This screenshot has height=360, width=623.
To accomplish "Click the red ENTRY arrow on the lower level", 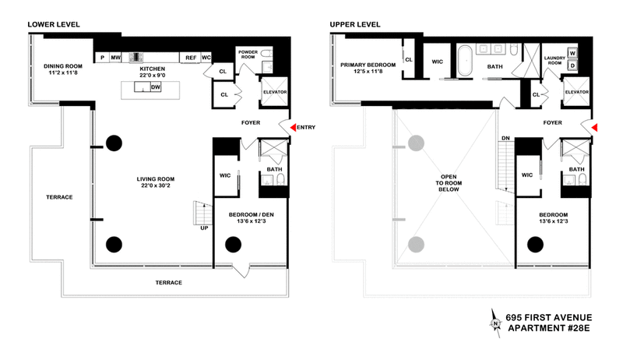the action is coord(293,127).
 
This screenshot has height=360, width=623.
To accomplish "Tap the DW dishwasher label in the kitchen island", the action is coord(156,87).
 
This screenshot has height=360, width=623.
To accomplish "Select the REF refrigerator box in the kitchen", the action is coord(191,58).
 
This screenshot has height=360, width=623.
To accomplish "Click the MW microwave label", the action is coord(115,58).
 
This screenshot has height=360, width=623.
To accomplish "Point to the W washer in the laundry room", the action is coord(572,53).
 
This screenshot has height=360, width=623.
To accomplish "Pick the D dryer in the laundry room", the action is coord(572,65).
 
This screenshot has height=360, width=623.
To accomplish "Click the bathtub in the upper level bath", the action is coord(465,61).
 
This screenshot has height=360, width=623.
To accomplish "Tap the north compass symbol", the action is coord(495,323).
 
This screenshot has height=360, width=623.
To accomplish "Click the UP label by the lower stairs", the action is coord(204,228).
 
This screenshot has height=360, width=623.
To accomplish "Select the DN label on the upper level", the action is coord(505,138).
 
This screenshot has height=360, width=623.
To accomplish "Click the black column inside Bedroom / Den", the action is coord(233,245).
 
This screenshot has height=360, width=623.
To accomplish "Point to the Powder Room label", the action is coord(248,55).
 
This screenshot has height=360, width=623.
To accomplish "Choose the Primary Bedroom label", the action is coord(368,65).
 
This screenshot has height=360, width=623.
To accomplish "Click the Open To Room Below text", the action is coord(449,183).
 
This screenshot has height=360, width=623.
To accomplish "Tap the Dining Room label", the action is coord(63,66).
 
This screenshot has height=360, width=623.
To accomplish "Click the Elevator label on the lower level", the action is coord(275,92).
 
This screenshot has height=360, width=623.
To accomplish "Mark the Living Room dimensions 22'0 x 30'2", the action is coord(155,185).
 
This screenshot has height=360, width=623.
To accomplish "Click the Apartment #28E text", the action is coord(549,328).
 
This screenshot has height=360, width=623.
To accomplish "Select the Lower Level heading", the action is coord(54,25).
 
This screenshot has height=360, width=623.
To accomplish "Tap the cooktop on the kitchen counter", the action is coord(136,58).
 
